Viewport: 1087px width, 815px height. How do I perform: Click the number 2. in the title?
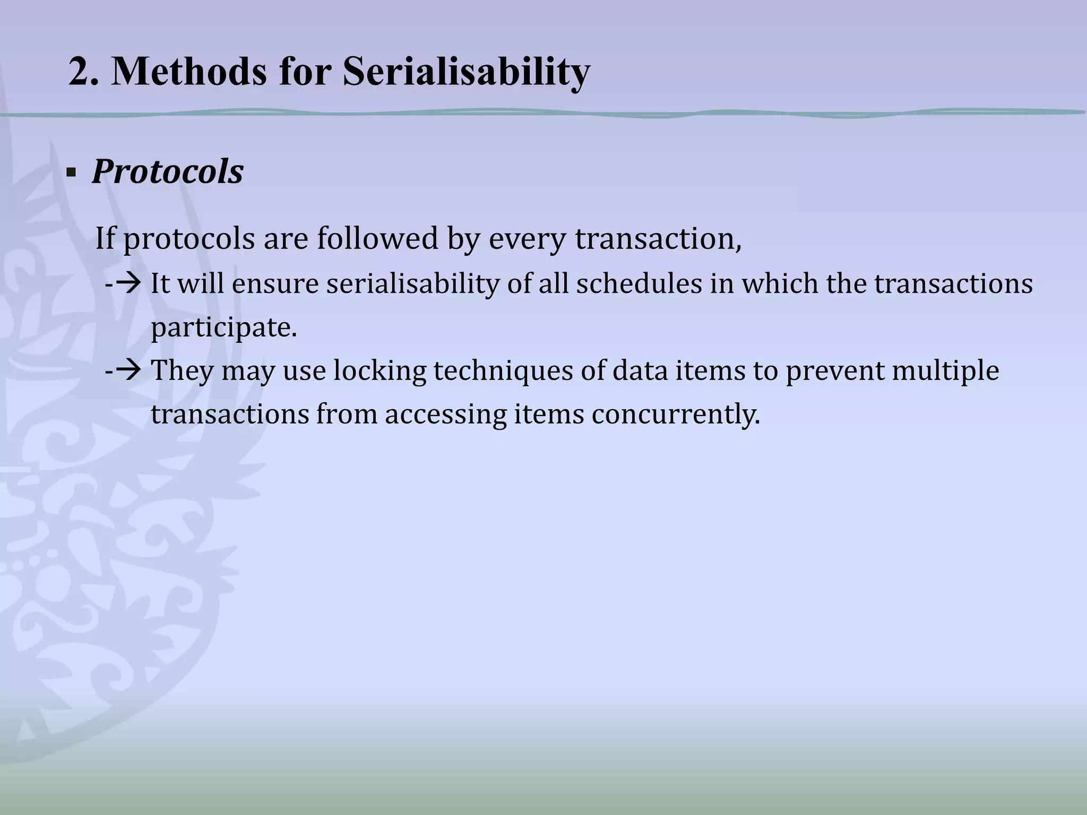pyautogui.click(x=83, y=72)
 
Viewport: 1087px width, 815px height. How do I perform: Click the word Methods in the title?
pyautogui.click(x=188, y=72)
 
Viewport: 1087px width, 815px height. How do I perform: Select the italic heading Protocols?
pyautogui.click(x=168, y=172)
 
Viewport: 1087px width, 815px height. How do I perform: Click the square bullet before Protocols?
pyautogui.click(x=71, y=174)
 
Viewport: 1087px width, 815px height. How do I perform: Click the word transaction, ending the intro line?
pyautogui.click(x=658, y=239)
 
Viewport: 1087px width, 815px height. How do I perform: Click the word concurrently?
pyautogui.click(x=676, y=414)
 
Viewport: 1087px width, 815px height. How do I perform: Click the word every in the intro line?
pyautogui.click(x=528, y=239)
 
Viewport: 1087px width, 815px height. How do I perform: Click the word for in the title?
pyautogui.click(x=305, y=72)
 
